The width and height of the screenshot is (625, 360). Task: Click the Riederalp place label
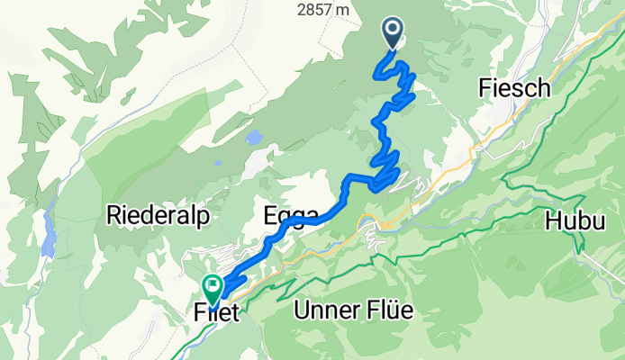point(158,215)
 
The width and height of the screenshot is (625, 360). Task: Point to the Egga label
point(291,215)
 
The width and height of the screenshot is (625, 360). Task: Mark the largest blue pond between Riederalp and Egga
point(255,137)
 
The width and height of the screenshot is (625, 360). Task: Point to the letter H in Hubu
point(553,220)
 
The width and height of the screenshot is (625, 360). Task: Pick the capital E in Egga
point(269,215)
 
